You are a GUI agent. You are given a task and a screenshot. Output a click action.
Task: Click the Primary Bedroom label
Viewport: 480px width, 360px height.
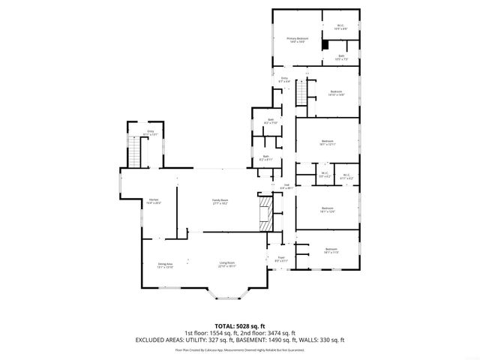click(297, 40)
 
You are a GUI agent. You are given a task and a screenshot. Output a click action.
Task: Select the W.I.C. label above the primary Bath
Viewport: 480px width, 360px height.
click(340, 27)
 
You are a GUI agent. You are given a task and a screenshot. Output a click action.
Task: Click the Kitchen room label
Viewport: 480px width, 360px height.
click(153, 200)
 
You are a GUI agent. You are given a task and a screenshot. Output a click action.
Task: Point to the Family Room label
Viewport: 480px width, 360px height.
click(219, 200)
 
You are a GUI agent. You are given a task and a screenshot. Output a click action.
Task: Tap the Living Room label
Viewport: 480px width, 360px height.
click(227, 264)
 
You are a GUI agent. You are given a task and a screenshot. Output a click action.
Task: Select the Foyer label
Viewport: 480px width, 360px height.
click(281, 259)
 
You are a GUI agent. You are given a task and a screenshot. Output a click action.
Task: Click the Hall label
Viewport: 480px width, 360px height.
click(286, 186)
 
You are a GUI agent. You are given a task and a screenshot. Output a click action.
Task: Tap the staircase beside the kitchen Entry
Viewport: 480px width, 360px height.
click(135, 153)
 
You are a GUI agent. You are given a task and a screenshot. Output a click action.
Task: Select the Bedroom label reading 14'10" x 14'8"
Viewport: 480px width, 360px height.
click(335, 93)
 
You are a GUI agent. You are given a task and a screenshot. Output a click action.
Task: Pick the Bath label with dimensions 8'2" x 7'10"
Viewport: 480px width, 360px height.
click(270, 121)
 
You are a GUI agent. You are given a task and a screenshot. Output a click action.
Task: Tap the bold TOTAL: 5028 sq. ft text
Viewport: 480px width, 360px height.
click(239, 325)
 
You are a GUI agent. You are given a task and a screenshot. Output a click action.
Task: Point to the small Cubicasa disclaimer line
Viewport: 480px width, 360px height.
click(239, 349)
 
